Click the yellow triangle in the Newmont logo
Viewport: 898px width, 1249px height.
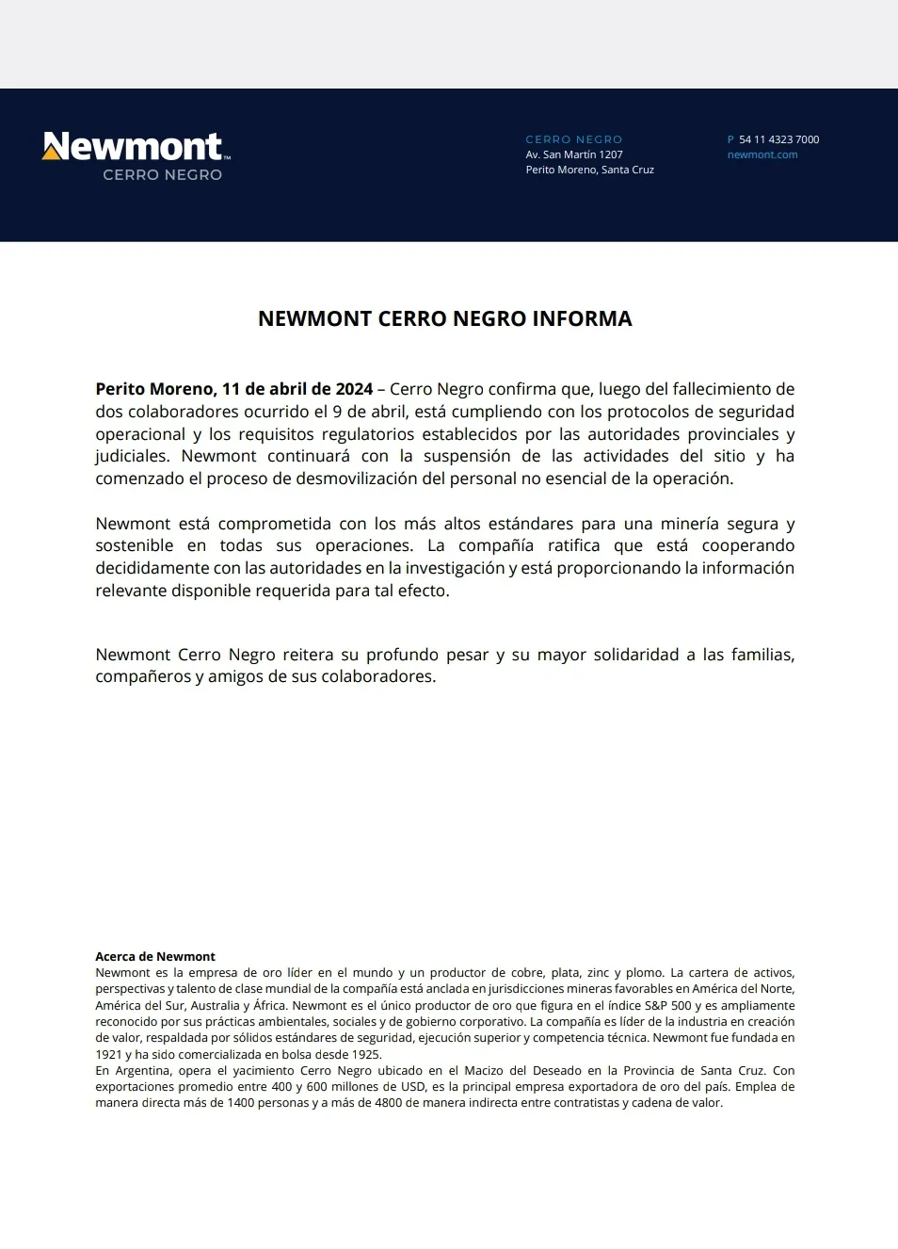click(x=51, y=152)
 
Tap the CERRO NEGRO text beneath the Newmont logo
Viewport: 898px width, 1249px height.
click(x=162, y=174)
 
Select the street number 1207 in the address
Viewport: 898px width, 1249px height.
click(x=611, y=154)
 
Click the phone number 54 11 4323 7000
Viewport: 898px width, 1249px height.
click(x=778, y=139)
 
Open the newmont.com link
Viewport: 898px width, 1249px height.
click(x=762, y=154)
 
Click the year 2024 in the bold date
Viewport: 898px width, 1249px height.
click(x=354, y=389)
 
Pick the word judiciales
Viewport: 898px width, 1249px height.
click(x=131, y=456)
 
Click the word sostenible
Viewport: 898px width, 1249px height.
click(x=134, y=545)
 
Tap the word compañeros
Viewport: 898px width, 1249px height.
click(x=142, y=676)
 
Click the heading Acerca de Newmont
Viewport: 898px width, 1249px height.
click(x=155, y=956)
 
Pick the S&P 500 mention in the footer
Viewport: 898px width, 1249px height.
click(x=667, y=1005)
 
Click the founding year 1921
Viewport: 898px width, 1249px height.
click(x=109, y=1054)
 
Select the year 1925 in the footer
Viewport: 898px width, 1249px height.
click(x=366, y=1054)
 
